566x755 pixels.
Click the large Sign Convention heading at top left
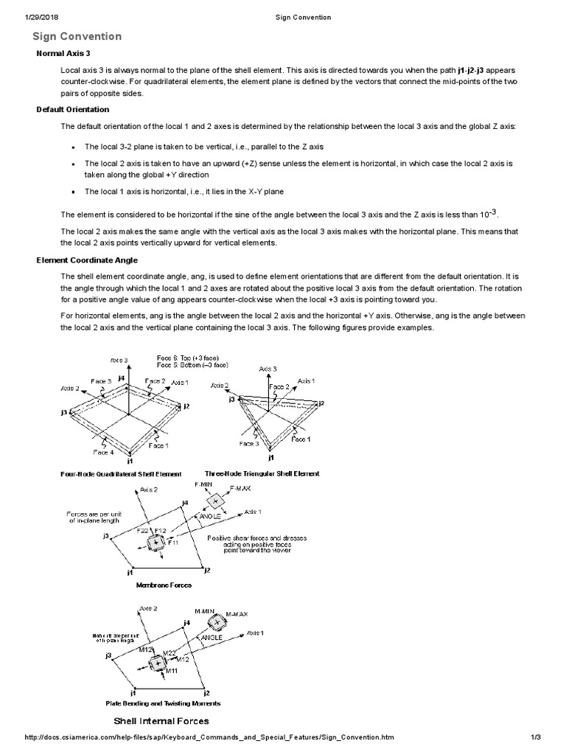point(77,36)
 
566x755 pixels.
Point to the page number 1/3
point(535,737)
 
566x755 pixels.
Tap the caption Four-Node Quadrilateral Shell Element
point(121,473)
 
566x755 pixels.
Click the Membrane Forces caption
point(164,585)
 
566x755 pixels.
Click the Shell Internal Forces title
point(160,720)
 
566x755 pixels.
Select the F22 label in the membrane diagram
point(142,530)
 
